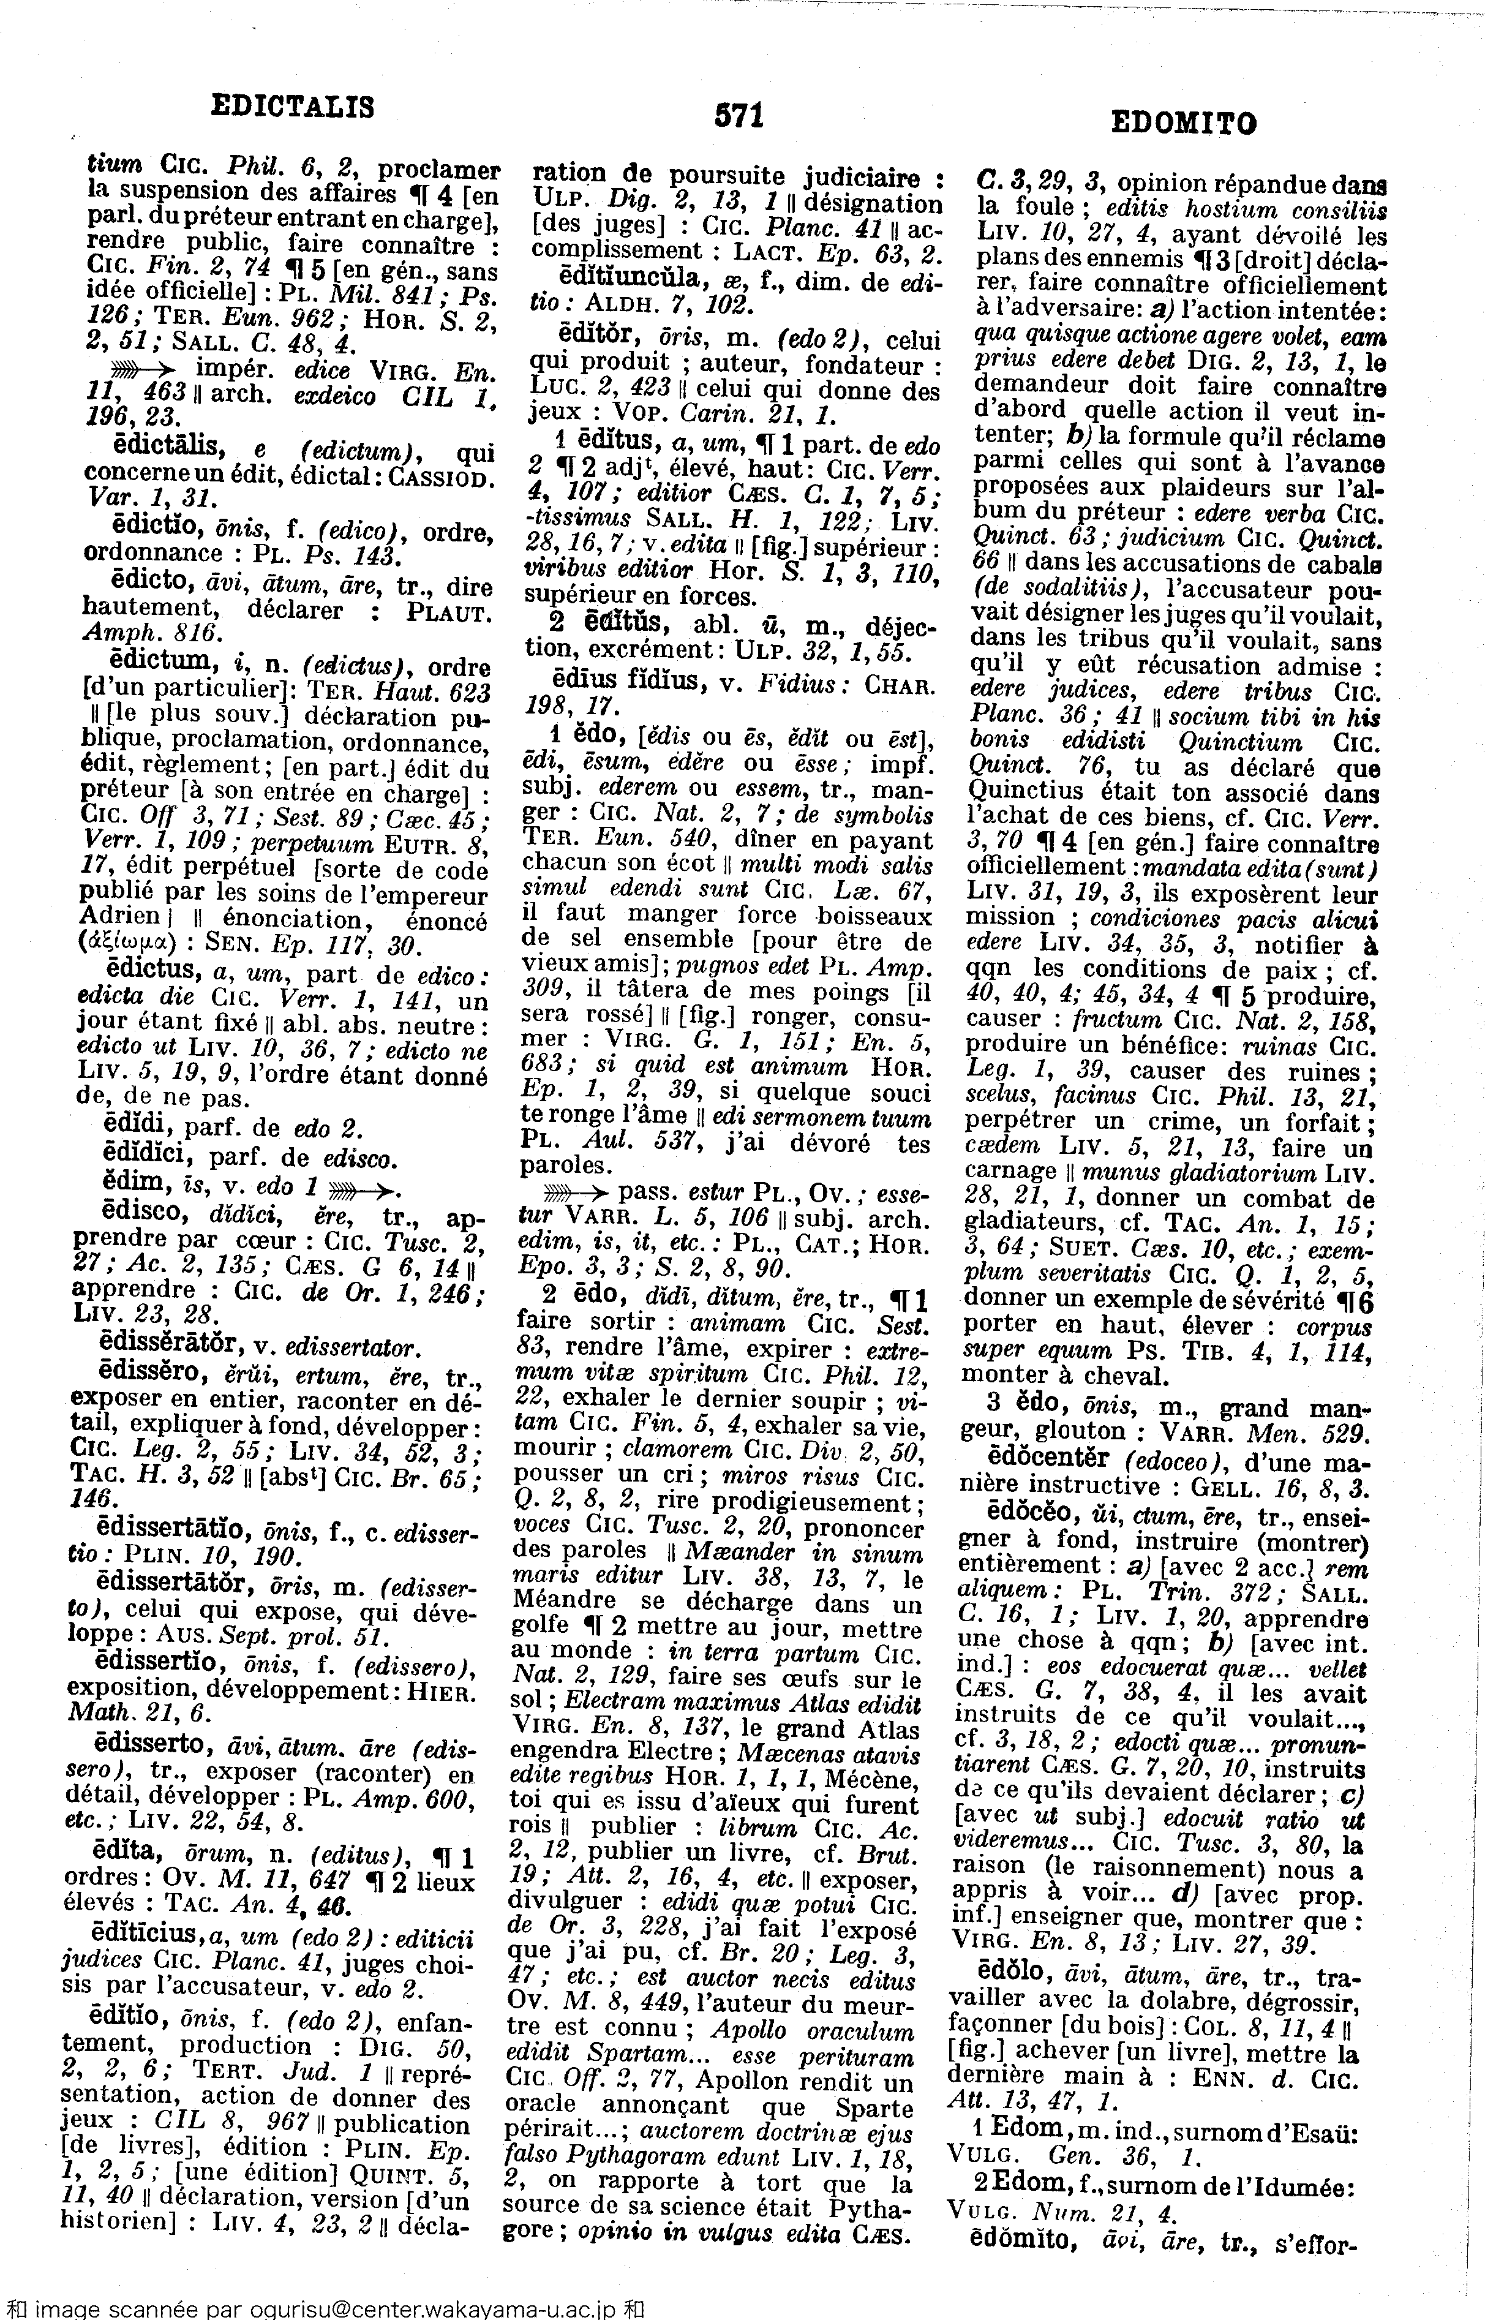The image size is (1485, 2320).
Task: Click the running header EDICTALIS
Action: (x=292, y=105)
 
